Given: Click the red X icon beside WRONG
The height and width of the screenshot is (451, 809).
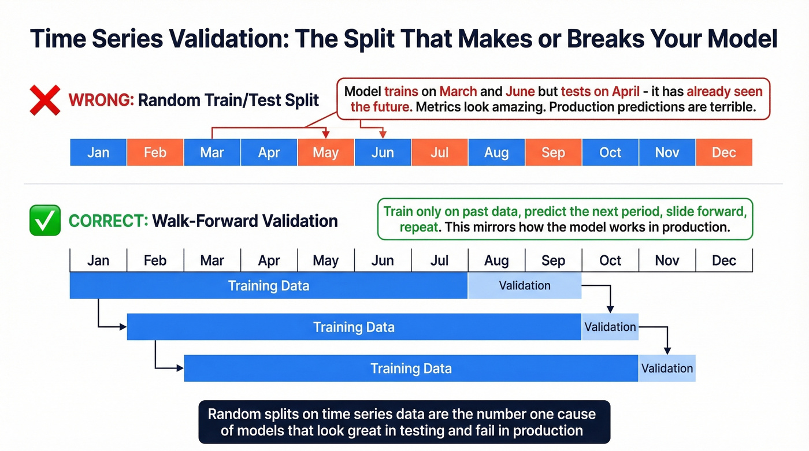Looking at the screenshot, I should [44, 100].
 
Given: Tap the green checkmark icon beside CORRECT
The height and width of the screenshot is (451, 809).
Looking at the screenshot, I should [44, 221].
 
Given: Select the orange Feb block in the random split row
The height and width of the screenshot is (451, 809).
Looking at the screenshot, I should [155, 152].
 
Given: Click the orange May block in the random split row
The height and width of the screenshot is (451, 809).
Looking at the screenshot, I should [325, 152].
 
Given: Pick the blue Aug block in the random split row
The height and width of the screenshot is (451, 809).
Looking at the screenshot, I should [496, 152].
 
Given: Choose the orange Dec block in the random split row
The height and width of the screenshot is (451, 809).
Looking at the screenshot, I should [724, 152].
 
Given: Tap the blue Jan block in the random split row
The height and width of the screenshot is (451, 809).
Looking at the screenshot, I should [98, 152].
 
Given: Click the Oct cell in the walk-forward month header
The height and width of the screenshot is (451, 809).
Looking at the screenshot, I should [610, 260].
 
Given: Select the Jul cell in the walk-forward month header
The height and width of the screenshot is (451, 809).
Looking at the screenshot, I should [440, 260].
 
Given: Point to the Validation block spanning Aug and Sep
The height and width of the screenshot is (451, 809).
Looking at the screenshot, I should [525, 285].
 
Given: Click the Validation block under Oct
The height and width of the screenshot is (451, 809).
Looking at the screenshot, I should [610, 327].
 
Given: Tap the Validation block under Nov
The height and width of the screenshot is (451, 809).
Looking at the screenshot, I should [667, 368].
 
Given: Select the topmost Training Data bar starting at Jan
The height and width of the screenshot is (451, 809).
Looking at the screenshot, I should [269, 285].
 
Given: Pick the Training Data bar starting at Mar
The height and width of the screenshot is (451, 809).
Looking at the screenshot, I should [411, 368].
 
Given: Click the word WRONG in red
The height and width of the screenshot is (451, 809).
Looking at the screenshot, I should [101, 100].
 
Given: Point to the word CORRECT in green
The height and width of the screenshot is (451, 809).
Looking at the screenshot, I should [108, 221].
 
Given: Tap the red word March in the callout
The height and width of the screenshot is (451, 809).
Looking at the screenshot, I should [458, 91].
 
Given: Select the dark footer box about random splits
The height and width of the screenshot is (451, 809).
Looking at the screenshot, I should [404, 422].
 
